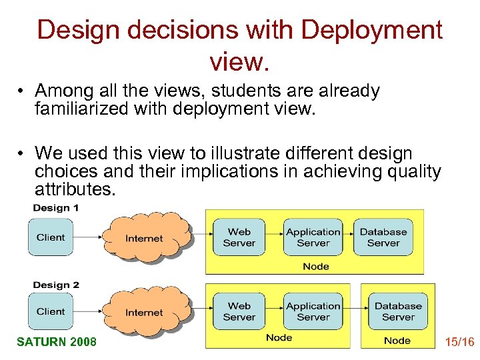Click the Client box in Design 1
pyautogui.click(x=51, y=237)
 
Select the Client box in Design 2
pyautogui.click(x=51, y=311)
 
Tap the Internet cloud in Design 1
pyautogui.click(x=144, y=238)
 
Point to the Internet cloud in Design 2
pyautogui.click(x=144, y=312)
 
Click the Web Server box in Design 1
pyautogui.click(x=239, y=237)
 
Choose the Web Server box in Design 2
pyautogui.click(x=239, y=311)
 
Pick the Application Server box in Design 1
pyautogui.click(x=313, y=237)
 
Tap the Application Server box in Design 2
pyautogui.click(x=313, y=311)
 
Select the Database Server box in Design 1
pyautogui.click(x=383, y=237)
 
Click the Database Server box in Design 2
pyautogui.click(x=398, y=311)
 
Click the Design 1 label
pyautogui.click(x=56, y=208)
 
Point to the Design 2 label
pyautogui.click(x=56, y=285)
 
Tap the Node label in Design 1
pyautogui.click(x=315, y=266)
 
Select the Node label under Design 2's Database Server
pyautogui.click(x=397, y=341)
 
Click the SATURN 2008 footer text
pyautogui.click(x=57, y=342)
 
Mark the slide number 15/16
pyautogui.click(x=459, y=342)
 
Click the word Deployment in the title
pyautogui.click(x=371, y=30)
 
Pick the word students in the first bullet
pyautogui.click(x=223, y=91)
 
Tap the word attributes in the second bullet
pyautogui.click(x=75, y=190)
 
